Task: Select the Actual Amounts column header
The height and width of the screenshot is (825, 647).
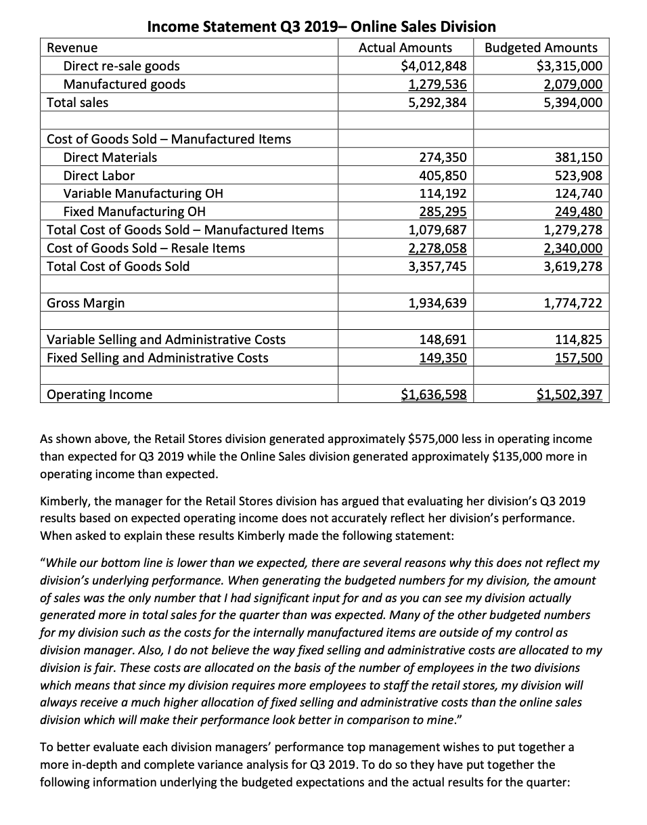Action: tap(405, 47)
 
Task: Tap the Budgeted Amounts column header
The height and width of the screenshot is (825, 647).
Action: tap(541, 47)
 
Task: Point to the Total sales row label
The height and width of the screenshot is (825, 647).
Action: tap(77, 102)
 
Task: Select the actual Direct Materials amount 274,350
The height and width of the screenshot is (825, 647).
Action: tap(443, 157)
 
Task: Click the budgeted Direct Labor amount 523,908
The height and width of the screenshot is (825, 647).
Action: tap(577, 175)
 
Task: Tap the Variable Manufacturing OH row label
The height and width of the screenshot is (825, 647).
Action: tap(143, 193)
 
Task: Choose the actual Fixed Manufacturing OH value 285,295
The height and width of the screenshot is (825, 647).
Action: tap(443, 211)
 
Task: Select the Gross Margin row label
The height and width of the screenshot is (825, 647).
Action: tap(86, 303)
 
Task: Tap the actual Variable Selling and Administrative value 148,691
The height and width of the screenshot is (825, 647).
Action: tap(443, 339)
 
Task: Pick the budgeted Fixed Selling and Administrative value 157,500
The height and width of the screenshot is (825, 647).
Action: tap(577, 358)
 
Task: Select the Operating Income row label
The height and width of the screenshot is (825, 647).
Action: tap(99, 394)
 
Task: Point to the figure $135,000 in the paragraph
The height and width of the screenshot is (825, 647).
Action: tap(518, 456)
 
